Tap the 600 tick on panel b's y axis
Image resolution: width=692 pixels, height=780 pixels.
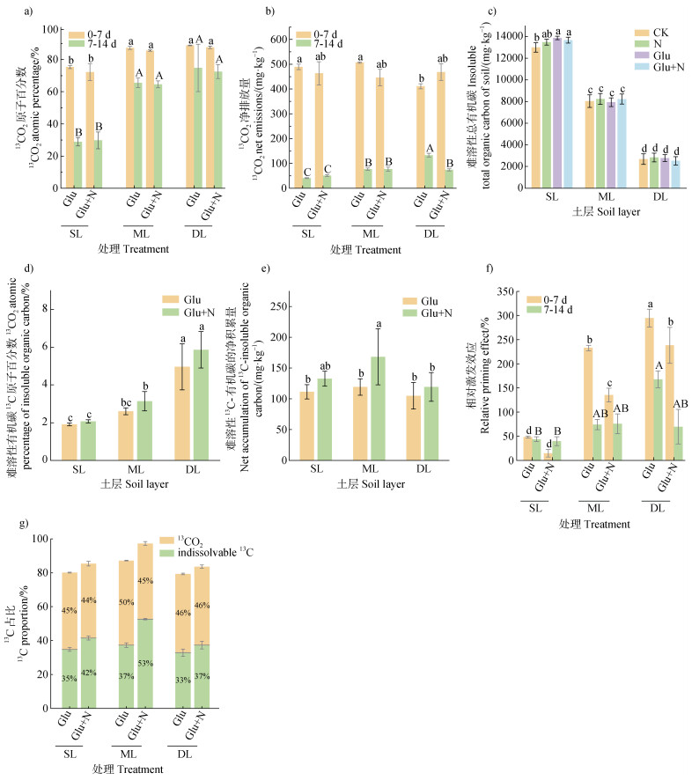(x=281, y=40)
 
